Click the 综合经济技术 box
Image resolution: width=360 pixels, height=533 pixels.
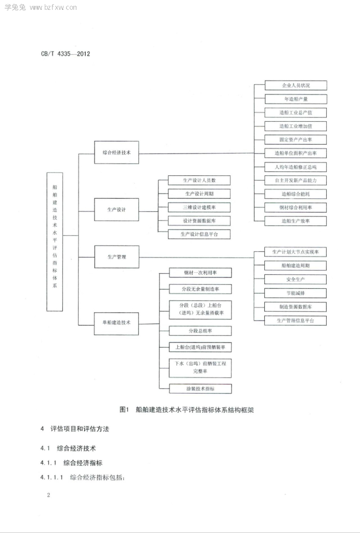coord(117,153)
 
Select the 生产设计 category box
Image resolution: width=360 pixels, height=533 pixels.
coord(117,210)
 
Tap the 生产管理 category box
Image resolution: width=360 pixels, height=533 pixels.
coord(117,257)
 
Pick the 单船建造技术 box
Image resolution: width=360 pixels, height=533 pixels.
coord(117,324)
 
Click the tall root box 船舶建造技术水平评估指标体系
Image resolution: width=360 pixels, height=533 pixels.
coord(55,242)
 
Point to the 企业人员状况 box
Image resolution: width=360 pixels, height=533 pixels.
coord(296,85)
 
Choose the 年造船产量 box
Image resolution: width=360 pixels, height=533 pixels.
coord(296,99)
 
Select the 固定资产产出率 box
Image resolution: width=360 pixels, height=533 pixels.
coord(296,139)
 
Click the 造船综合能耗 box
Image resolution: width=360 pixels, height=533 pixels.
coord(296,194)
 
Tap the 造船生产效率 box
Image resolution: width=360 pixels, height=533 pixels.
coord(296,221)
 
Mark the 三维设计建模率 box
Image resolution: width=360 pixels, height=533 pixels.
coord(199,207)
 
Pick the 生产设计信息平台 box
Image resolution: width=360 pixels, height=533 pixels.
coord(199,234)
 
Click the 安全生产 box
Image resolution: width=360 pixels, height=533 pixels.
coord(295,280)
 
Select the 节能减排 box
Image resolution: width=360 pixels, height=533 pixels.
coord(295,293)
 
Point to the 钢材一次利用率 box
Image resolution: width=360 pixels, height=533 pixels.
coord(200,273)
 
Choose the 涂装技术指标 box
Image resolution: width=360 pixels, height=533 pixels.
coord(200,388)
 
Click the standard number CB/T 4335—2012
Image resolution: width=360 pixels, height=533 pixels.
coord(66,54)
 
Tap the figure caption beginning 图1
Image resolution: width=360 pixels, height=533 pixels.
coord(187,410)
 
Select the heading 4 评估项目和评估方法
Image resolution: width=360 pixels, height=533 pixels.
coord(75,429)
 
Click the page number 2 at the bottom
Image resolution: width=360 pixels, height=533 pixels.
coord(48,495)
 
